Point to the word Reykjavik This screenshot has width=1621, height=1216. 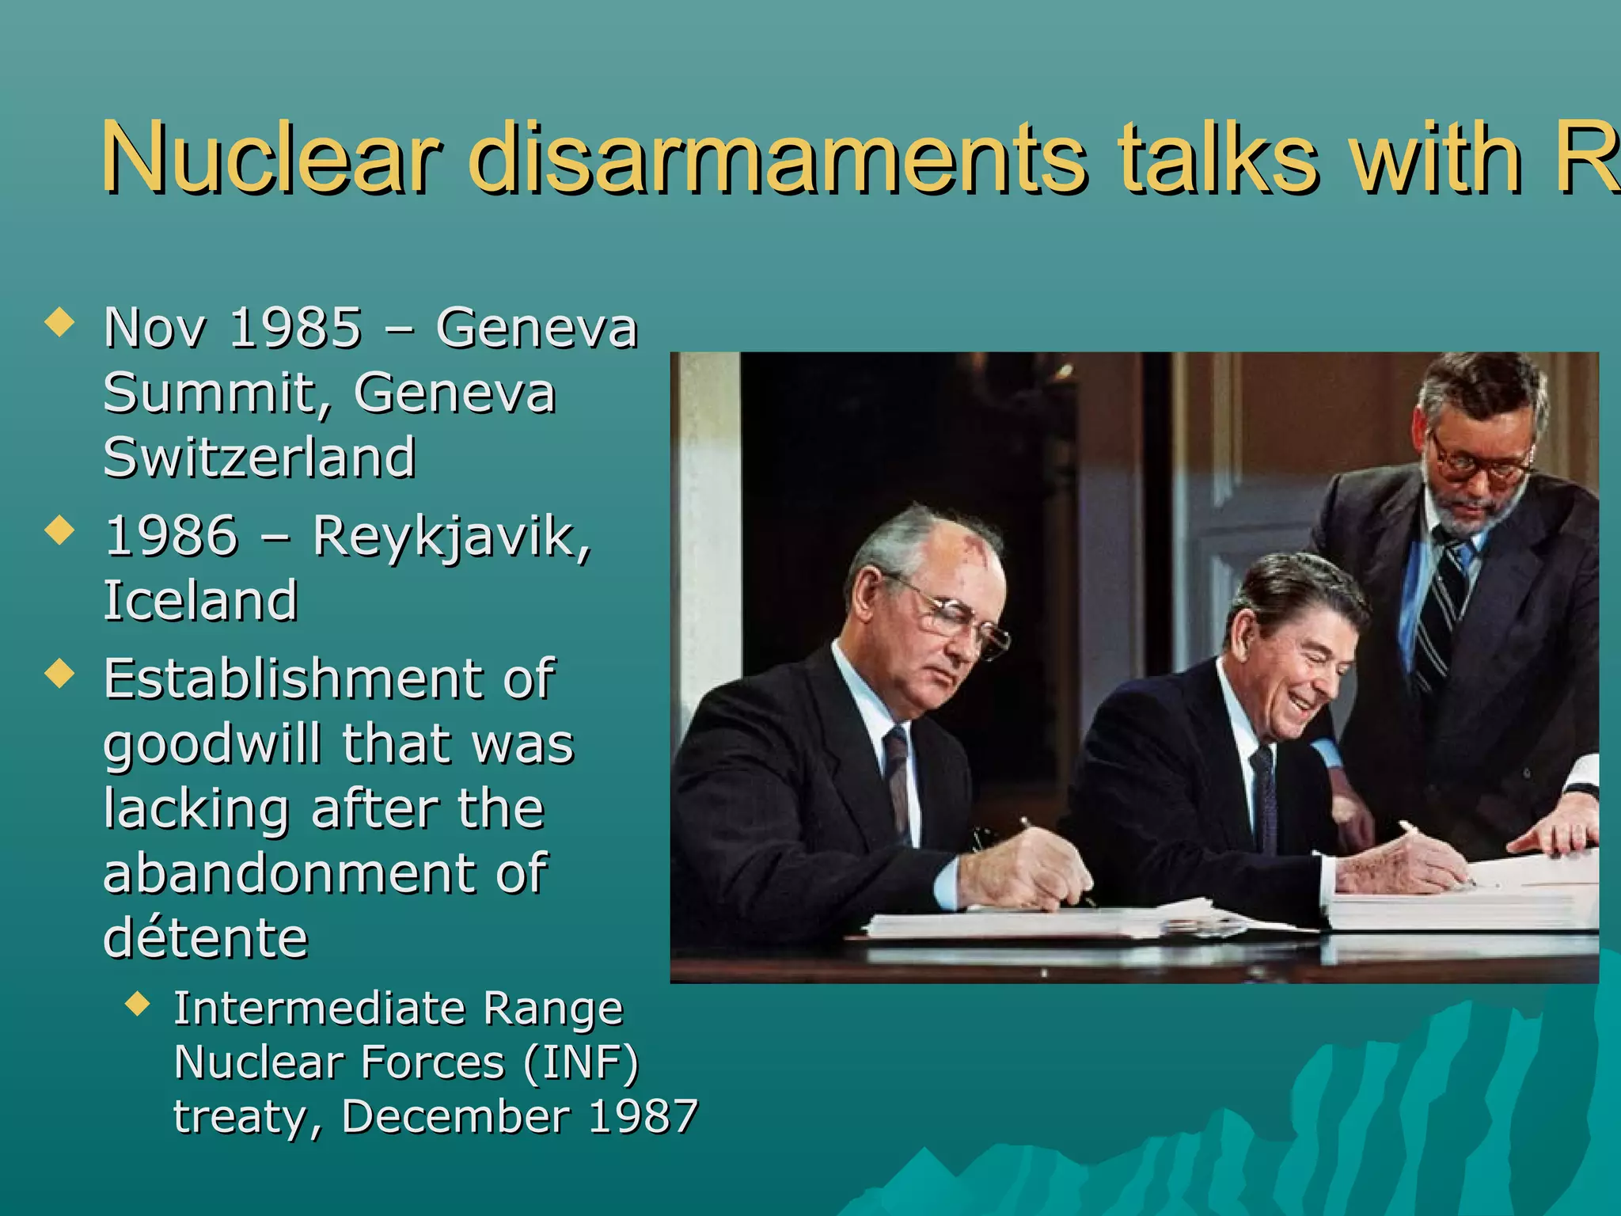tap(451, 538)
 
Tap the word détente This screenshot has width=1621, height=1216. tap(206, 937)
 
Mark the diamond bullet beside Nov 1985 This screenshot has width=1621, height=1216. tap(60, 323)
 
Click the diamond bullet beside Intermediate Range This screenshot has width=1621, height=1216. tap(138, 1005)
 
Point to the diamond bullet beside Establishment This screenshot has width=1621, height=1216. tap(60, 674)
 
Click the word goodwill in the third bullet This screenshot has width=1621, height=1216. tap(212, 744)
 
